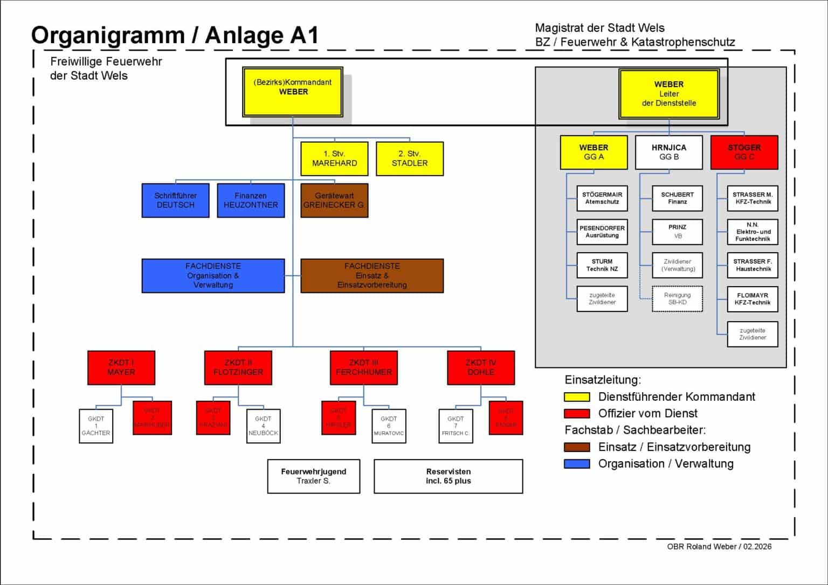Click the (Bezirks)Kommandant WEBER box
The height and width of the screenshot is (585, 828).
(x=293, y=92)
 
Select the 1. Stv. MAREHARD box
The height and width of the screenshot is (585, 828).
(x=334, y=158)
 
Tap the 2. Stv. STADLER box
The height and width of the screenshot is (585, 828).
(x=410, y=158)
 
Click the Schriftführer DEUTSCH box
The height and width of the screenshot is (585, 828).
(x=175, y=200)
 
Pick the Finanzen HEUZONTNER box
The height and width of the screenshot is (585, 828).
(x=251, y=200)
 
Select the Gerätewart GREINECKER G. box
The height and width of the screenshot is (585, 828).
(x=334, y=200)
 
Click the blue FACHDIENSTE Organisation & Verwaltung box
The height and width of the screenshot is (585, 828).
(x=213, y=275)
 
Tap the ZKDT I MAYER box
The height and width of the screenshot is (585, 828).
(x=121, y=367)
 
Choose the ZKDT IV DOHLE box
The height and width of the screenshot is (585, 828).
(x=481, y=367)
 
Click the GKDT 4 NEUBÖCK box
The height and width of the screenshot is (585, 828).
(x=263, y=426)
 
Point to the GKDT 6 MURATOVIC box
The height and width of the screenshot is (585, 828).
(x=389, y=426)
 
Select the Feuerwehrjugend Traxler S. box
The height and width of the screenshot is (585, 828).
(x=313, y=476)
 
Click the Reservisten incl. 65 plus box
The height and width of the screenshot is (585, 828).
(x=448, y=476)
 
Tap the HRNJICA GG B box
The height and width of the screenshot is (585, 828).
(x=669, y=152)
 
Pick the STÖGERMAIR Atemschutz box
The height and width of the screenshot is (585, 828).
(x=602, y=198)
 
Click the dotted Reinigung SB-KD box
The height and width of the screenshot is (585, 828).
(x=677, y=298)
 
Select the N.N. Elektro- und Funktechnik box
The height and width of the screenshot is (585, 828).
(x=753, y=232)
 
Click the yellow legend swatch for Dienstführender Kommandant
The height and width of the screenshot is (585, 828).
(x=577, y=397)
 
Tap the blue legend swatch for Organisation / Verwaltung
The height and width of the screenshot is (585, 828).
(x=577, y=464)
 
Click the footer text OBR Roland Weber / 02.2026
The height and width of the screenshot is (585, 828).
(x=719, y=546)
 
